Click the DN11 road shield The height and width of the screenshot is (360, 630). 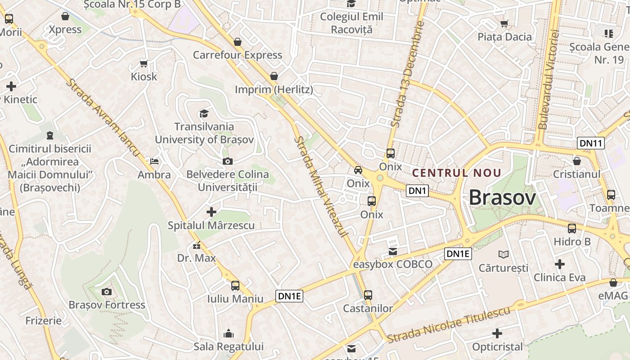[590, 144]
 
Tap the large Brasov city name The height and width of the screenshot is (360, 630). [503, 198]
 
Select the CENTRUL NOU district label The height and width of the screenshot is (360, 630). [457, 173]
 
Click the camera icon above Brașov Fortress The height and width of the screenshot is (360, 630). [107, 292]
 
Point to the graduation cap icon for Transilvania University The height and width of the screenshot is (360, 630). [204, 113]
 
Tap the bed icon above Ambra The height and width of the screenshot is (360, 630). [154, 162]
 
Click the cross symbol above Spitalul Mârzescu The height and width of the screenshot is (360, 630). [211, 211]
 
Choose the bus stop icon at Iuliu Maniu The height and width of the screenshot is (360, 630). [235, 285]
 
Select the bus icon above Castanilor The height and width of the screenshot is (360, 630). [368, 295]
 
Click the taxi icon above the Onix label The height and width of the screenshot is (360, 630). [358, 170]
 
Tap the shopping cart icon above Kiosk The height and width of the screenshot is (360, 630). [144, 63]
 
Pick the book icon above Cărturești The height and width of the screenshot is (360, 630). [503, 255]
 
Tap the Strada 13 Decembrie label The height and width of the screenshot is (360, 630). [408, 73]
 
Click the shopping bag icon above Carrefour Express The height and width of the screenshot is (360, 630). [238, 42]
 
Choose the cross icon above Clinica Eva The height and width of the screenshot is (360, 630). [560, 264]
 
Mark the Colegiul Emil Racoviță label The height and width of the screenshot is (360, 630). [351, 23]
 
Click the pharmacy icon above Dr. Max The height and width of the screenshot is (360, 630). [197, 245]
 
